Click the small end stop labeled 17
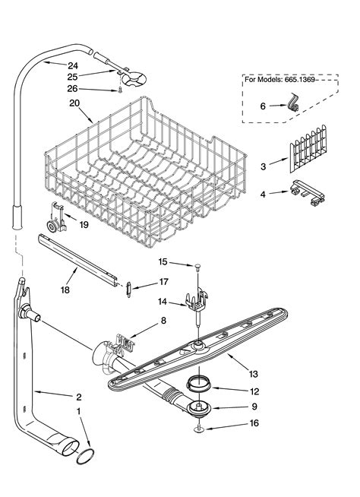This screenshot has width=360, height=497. [x=129, y=286]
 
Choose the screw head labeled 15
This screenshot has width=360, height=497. [x=197, y=265]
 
